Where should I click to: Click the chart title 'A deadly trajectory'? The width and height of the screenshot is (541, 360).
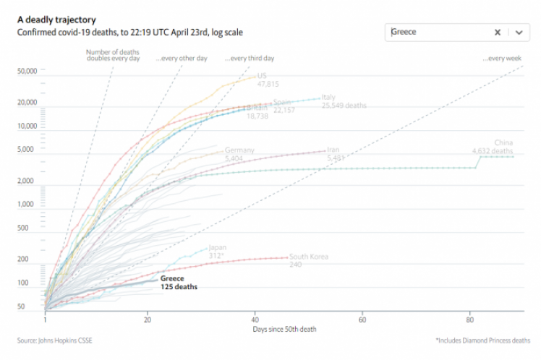coord(56,20)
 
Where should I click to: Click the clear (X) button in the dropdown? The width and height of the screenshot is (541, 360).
coord(498,32)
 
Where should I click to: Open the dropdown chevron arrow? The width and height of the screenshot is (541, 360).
coord(519,32)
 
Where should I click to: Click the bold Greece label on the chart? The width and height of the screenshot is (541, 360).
coord(172,278)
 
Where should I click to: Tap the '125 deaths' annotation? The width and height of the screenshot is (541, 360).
coord(179,287)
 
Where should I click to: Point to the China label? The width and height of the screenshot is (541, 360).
coord(503,143)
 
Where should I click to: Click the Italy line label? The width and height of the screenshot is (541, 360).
coord(328,97)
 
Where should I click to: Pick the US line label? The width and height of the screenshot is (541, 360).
coord(262,76)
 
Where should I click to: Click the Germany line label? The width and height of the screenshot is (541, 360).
coord(239,150)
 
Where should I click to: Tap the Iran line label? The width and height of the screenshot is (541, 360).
coord(334,150)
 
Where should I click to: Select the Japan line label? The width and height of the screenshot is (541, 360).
coord(217,248)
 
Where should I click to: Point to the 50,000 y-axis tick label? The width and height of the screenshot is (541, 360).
coord(27,71)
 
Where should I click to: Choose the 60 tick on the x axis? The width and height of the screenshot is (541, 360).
coord(362,318)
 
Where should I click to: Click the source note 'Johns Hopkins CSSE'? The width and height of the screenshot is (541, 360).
coord(55,340)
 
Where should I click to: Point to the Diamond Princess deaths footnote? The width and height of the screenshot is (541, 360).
coord(482,340)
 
